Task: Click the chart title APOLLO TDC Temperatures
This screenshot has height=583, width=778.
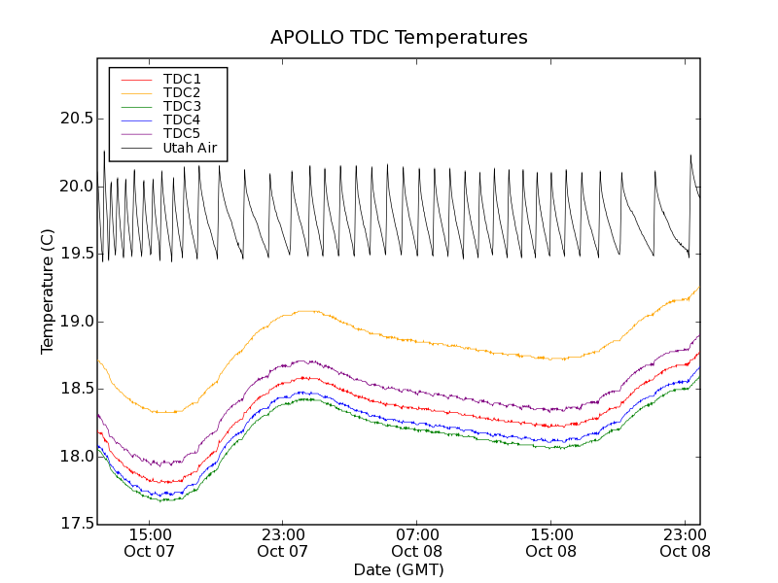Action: [x=399, y=38]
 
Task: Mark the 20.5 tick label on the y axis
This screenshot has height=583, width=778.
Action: [x=76, y=119]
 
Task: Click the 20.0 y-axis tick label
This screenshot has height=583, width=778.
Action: [x=76, y=187]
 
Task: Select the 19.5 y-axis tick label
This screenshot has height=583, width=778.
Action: [x=76, y=254]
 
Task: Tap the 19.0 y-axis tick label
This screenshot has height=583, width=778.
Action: [x=76, y=322]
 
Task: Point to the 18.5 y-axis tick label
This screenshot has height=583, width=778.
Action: [x=76, y=389]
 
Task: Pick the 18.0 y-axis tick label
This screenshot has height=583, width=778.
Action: [x=76, y=457]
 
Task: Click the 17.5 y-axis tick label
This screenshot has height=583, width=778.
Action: [x=76, y=524]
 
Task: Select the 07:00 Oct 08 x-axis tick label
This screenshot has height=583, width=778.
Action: [x=417, y=542]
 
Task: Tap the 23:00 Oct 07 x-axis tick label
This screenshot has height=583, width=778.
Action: [x=283, y=542]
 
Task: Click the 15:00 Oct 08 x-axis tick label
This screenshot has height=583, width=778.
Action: [x=551, y=542]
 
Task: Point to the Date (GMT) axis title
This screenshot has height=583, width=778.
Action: [x=399, y=569]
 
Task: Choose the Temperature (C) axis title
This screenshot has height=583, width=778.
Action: [x=48, y=291]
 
